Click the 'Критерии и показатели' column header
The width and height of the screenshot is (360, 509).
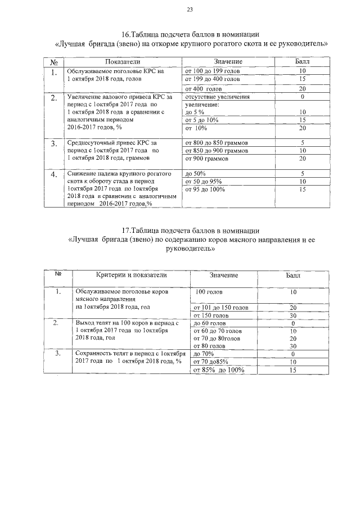(131, 275)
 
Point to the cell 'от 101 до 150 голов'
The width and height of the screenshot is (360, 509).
(220, 308)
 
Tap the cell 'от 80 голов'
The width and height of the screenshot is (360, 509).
(209, 346)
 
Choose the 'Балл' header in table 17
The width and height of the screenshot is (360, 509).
(293, 275)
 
